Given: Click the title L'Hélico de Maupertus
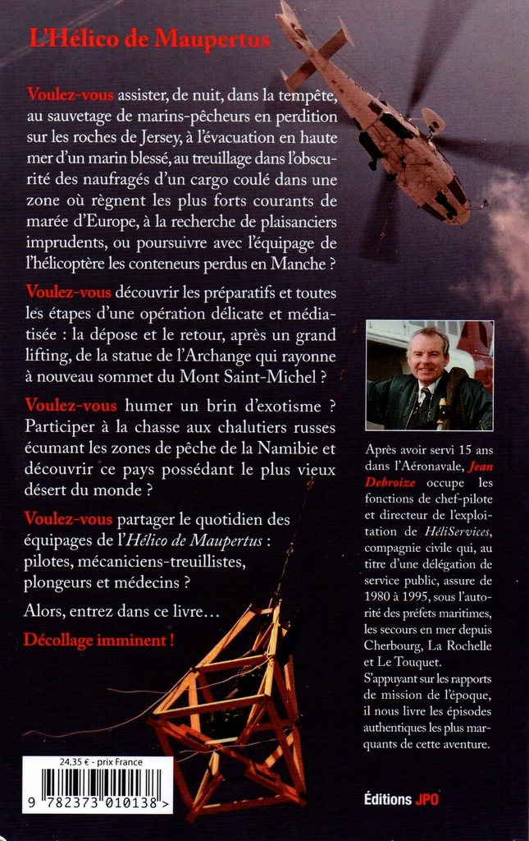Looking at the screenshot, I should [x=149, y=39].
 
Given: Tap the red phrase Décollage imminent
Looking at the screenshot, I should [x=99, y=639].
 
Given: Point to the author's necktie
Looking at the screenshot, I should [x=427, y=400].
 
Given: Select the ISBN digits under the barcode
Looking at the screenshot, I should [x=97, y=805].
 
